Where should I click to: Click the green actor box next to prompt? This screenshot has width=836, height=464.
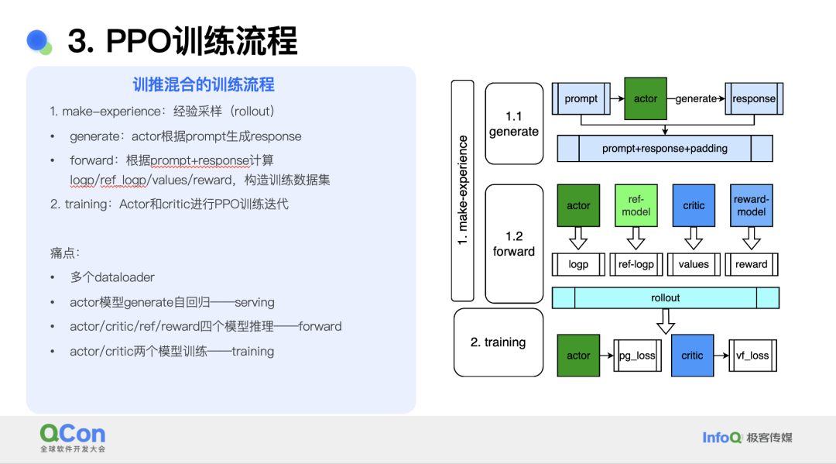point(645,98)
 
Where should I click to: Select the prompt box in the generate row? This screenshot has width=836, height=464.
point(581,98)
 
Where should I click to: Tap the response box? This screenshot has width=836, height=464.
point(753,98)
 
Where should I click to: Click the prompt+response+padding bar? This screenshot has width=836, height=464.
point(665,148)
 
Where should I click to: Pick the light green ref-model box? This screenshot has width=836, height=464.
point(636,205)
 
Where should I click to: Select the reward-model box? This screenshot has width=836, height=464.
point(751,205)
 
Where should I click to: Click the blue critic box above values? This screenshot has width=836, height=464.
point(694,205)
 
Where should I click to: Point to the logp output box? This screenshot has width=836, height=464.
point(578,264)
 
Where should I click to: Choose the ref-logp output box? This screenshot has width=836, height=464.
point(636,264)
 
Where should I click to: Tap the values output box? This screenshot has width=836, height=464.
point(694,264)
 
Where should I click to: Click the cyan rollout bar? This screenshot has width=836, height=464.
point(665,297)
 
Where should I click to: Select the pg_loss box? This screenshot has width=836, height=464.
point(636,356)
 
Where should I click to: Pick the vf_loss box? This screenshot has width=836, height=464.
point(751,356)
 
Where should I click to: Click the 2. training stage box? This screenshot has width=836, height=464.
point(498,342)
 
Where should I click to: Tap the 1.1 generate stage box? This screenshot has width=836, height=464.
point(514,123)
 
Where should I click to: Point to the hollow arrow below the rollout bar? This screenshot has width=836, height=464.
point(665,321)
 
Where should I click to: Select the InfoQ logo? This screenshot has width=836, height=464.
point(721,438)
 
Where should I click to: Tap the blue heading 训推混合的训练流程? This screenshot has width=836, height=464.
point(204,84)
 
